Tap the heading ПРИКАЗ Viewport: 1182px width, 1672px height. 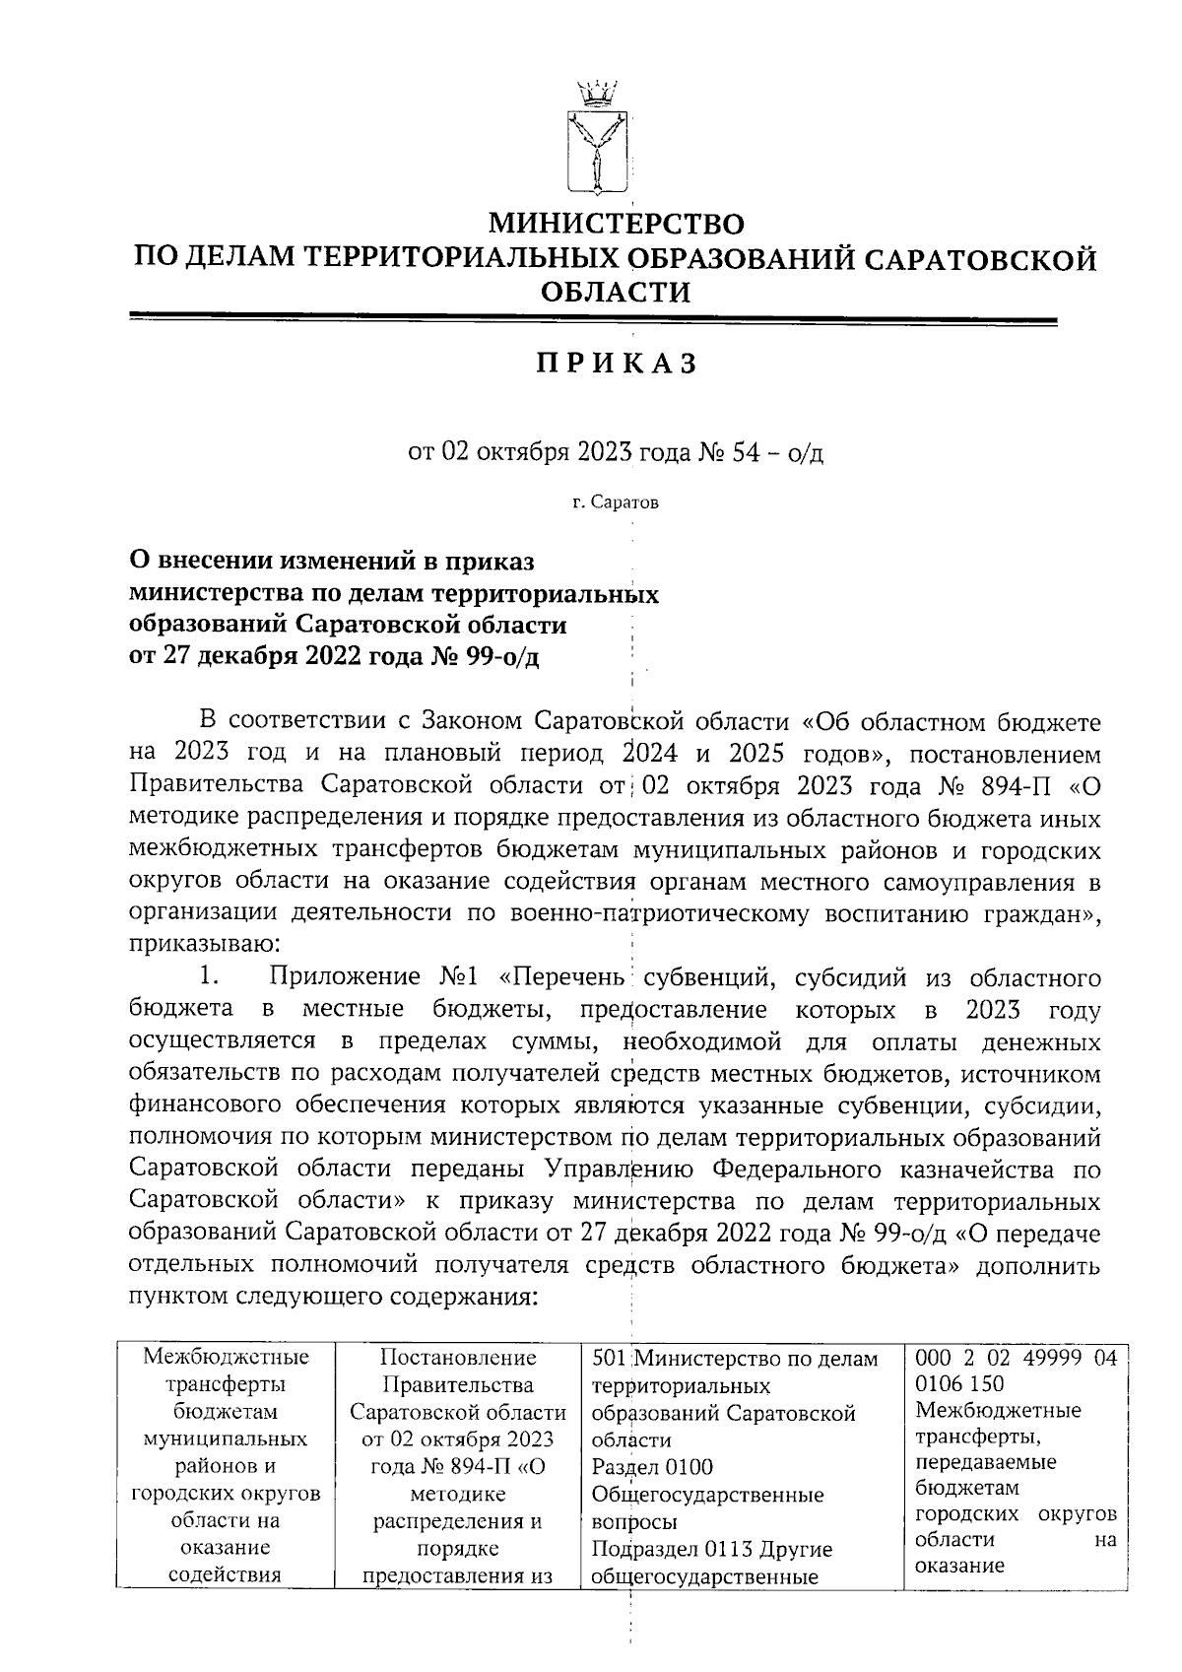pyautogui.click(x=617, y=365)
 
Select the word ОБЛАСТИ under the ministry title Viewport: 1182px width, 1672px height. pyautogui.click(x=617, y=293)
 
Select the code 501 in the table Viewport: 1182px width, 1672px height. pyautogui.click(x=607, y=1359)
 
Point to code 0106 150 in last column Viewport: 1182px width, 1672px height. pyautogui.click(x=959, y=1384)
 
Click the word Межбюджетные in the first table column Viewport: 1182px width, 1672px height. pyautogui.click(x=226, y=1357)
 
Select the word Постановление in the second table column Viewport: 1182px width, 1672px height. pyautogui.click(x=458, y=1358)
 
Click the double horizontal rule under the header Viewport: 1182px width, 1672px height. pyautogui.click(x=593, y=319)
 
